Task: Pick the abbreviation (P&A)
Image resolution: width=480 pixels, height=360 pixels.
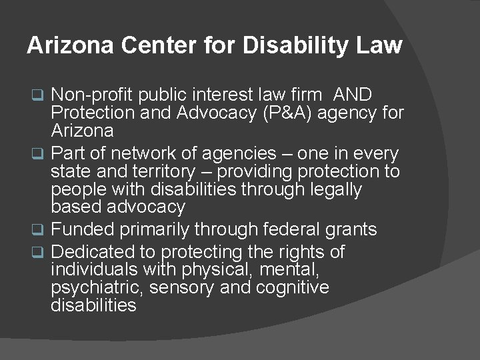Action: click(x=285, y=113)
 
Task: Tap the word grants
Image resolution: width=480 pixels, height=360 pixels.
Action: click(x=352, y=230)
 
